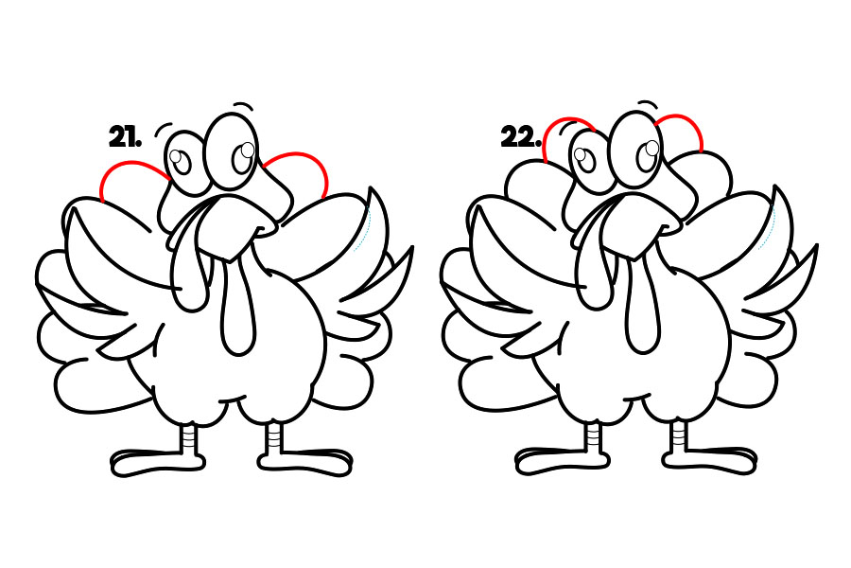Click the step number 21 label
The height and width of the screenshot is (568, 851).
pyautogui.click(x=126, y=136)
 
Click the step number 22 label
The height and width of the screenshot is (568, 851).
pyautogui.click(x=521, y=136)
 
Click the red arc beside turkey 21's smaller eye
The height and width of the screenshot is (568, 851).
pyautogui.click(x=130, y=164)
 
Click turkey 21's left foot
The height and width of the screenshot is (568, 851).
pyautogui.click(x=157, y=462)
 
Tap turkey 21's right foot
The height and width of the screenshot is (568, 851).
pyautogui.click(x=304, y=461)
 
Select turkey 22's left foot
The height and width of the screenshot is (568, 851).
pyautogui.click(x=563, y=461)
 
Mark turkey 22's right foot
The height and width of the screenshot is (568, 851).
pyautogui.click(x=709, y=460)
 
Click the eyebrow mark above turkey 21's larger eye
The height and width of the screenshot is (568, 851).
pyautogui.click(x=244, y=105)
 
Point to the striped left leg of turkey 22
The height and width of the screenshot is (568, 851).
pyautogui.click(x=596, y=435)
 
